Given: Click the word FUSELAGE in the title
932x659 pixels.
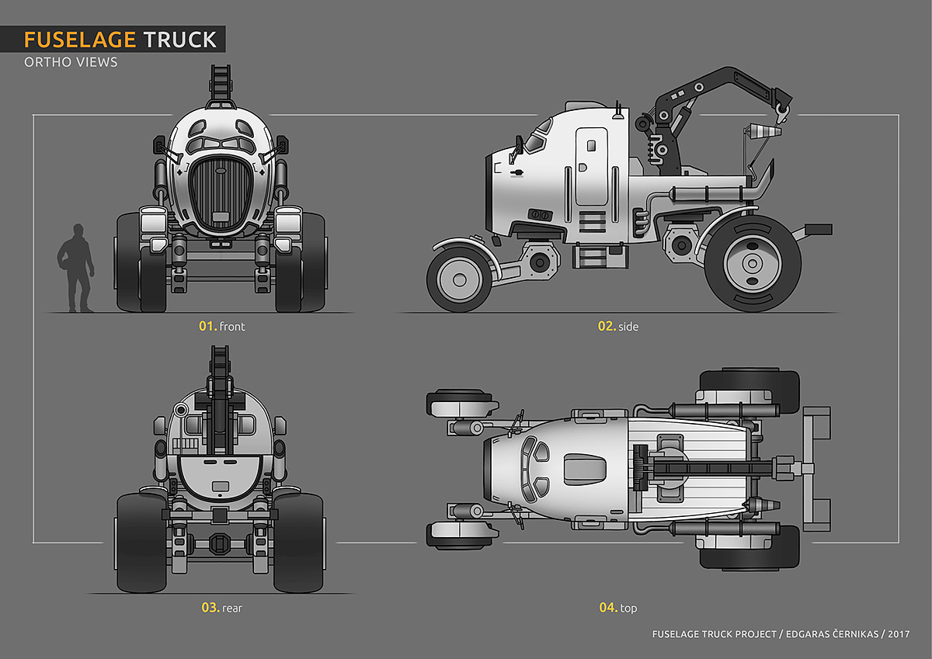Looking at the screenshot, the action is pos(80,40).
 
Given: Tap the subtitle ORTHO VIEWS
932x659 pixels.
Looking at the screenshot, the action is pos(71,62).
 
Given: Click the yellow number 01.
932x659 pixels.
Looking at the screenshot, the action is pos(207,326).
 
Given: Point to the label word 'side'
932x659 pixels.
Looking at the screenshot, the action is pos(628,327).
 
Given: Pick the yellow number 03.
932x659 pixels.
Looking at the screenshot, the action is pos(210,607).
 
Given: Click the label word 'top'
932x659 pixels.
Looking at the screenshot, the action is pos(628,608).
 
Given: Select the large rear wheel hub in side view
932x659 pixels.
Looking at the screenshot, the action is pos(751,264).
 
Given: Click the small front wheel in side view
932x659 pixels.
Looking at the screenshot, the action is pos(459,278).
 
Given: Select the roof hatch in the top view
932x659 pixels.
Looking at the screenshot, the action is pos(583,468).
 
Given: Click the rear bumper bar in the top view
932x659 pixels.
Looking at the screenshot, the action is pos(816,468).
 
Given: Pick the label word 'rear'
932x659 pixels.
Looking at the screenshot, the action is pos(231,608).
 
